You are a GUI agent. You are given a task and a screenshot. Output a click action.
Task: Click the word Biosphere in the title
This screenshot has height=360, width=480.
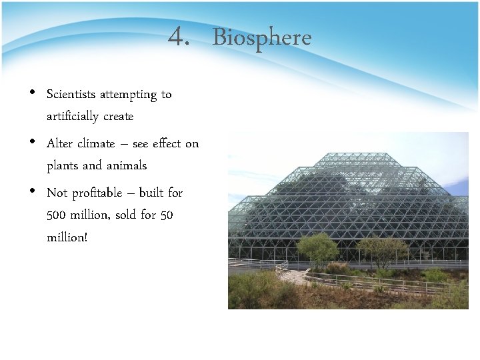(x=261, y=37)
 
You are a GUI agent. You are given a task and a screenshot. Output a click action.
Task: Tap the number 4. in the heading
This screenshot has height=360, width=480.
(x=179, y=37)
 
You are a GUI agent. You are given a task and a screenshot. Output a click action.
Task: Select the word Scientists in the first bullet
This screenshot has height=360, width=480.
(x=71, y=94)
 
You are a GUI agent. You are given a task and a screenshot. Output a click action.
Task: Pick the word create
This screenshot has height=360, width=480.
(x=119, y=116)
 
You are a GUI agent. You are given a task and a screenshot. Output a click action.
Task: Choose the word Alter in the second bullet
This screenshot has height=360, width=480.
(x=60, y=143)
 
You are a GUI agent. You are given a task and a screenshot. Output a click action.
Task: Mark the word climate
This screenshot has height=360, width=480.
(x=96, y=143)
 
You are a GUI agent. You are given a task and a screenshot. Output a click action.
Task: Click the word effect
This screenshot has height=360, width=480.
(x=166, y=143)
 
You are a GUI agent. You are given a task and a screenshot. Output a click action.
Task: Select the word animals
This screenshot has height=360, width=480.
(x=125, y=165)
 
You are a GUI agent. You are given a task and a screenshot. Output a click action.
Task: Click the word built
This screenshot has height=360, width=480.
(x=151, y=193)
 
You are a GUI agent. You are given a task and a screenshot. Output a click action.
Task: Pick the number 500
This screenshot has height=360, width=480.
(x=57, y=215)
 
